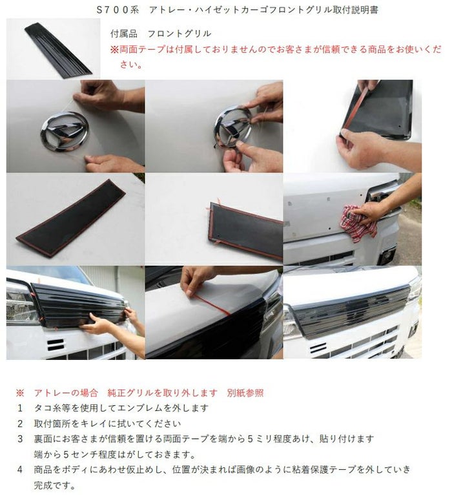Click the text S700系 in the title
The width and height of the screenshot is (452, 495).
click(x=118, y=10)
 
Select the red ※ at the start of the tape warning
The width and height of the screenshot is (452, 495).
click(x=114, y=50)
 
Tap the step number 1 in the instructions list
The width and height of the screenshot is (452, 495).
click(x=20, y=408)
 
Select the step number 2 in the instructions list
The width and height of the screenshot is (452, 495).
click(x=20, y=424)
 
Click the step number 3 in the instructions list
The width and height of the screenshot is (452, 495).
click(x=20, y=439)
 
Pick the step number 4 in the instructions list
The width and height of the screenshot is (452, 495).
click(x=20, y=469)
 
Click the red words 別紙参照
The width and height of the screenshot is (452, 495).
click(x=245, y=393)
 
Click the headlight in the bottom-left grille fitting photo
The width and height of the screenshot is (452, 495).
click(x=20, y=302)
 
